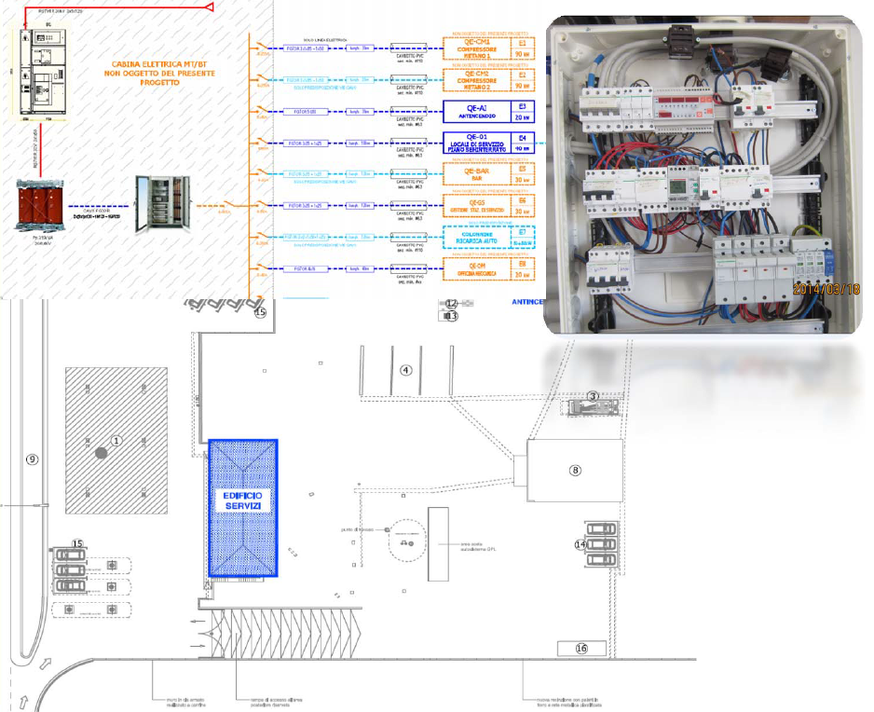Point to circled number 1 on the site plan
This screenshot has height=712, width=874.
click(x=116, y=439)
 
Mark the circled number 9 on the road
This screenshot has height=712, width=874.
click(x=31, y=459)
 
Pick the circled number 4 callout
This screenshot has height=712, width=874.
click(x=405, y=369)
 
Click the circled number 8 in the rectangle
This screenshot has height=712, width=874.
click(x=575, y=471)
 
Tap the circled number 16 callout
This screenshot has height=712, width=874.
click(x=581, y=649)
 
